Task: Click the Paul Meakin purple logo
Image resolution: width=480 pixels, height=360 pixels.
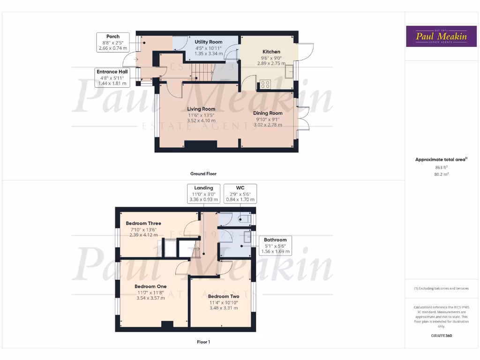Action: (x=437, y=36)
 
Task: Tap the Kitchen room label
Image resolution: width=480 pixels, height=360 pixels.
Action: (x=271, y=52)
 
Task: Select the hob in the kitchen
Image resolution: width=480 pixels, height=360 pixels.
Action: (x=265, y=84)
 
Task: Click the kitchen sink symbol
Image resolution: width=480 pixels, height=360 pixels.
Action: (x=289, y=70)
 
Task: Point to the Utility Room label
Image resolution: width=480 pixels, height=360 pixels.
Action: (x=209, y=42)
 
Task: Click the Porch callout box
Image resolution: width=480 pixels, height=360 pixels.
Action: (x=112, y=42)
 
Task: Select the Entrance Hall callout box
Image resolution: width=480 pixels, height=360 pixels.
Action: (x=112, y=77)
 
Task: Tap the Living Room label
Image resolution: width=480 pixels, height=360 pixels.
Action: (x=201, y=109)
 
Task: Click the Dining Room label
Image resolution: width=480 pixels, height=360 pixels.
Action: (x=268, y=113)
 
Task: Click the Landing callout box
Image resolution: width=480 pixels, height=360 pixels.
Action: (x=203, y=194)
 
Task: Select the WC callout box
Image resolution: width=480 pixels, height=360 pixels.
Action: (x=240, y=194)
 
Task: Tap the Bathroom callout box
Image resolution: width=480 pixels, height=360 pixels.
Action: (x=275, y=246)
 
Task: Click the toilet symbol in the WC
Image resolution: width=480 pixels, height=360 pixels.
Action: (x=243, y=218)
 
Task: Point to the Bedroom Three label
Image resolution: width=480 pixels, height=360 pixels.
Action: (x=143, y=224)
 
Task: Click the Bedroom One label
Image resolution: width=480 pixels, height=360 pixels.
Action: (x=150, y=286)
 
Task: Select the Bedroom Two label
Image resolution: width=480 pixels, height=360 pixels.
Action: (x=224, y=296)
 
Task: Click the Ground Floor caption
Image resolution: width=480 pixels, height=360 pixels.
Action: (x=203, y=174)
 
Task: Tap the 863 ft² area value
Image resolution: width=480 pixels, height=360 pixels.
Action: (x=441, y=167)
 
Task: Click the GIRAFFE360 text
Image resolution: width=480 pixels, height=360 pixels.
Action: (x=441, y=336)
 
